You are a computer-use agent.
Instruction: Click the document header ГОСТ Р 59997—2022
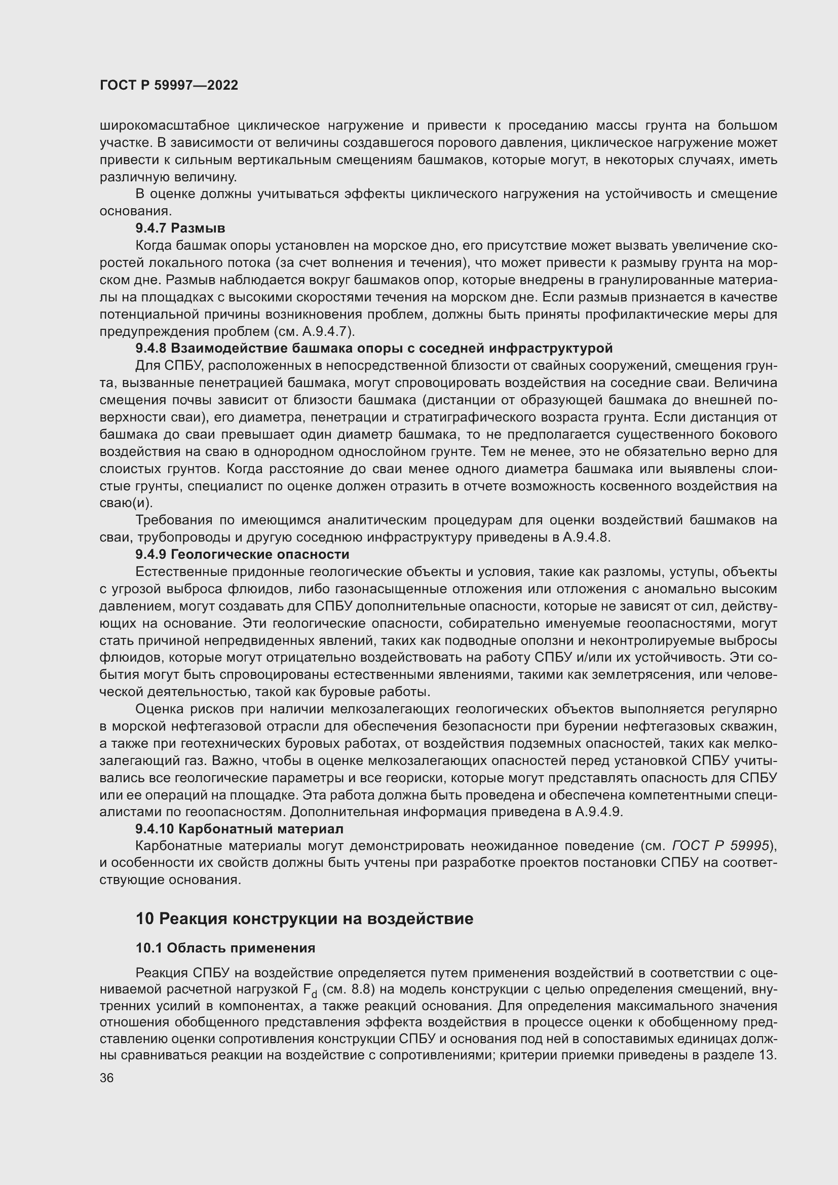169,85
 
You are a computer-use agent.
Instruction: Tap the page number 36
107,1078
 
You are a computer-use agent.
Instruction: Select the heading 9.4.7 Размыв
180,228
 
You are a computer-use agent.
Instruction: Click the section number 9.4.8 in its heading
151,349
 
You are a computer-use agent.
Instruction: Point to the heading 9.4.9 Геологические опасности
242,554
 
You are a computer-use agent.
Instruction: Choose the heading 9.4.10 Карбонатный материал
239,829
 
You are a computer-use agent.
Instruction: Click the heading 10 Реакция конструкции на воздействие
304,919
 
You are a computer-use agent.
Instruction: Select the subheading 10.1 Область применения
225,948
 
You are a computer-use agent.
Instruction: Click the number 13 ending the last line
766,1055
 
